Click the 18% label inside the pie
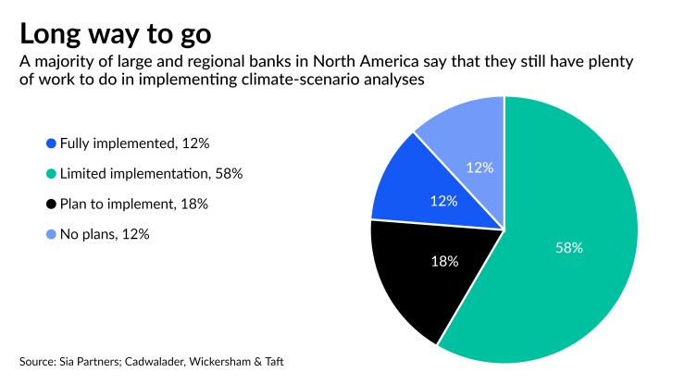[x=444, y=262]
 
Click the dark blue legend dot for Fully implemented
[x=51, y=143]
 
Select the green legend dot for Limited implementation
[x=51, y=174]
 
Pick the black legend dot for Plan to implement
[x=51, y=204]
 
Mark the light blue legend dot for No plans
[x=51, y=234]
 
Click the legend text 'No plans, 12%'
[x=104, y=234]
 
